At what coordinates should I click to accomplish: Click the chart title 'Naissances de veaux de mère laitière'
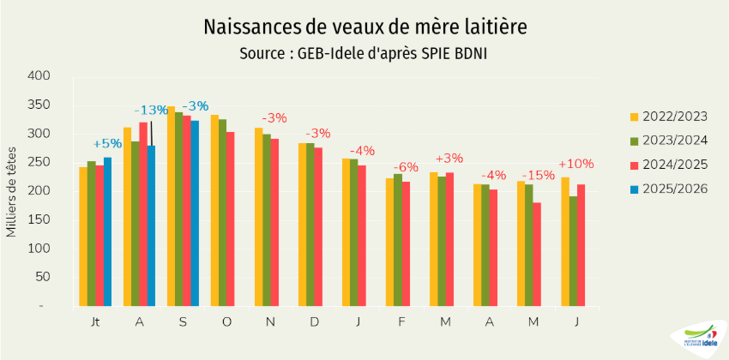coord(364,27)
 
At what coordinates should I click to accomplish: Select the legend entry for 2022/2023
coord(667,117)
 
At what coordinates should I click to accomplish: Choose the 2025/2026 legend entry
coord(667,189)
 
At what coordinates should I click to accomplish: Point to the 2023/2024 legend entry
coord(667,141)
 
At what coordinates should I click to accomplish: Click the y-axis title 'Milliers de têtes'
coord(12,190)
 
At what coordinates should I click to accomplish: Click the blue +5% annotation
coord(107,143)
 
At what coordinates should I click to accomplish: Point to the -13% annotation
coord(151,110)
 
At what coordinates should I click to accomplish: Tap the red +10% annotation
coord(575,164)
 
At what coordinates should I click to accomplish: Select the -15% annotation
coord(533,174)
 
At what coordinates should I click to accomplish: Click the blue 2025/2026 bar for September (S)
coord(195,213)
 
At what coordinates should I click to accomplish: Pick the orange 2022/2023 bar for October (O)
coord(214,210)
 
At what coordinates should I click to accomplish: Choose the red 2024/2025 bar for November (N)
coord(274,222)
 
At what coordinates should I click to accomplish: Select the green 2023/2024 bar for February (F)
coord(397,240)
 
